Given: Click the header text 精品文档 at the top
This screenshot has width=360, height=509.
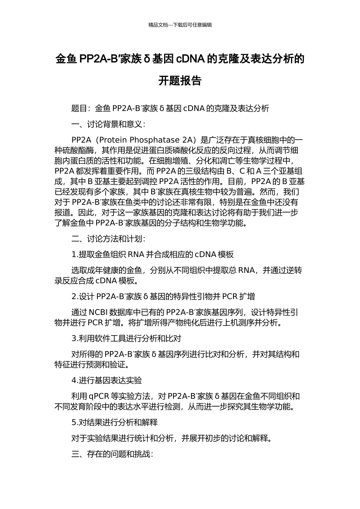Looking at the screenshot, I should pos(158,25).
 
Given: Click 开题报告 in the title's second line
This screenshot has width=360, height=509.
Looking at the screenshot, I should pos(180,81).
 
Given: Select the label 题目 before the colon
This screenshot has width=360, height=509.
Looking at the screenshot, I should pos(79,109).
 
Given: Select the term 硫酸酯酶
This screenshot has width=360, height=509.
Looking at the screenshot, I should pos(78,150).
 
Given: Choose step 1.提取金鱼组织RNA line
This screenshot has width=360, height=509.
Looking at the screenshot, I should pos(152,254).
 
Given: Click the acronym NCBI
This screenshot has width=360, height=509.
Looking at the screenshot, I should pos(99,312).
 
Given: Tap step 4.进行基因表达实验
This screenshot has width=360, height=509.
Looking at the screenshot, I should pos(106,380).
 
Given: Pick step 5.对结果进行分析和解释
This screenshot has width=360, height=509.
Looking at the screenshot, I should pos(114,422).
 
